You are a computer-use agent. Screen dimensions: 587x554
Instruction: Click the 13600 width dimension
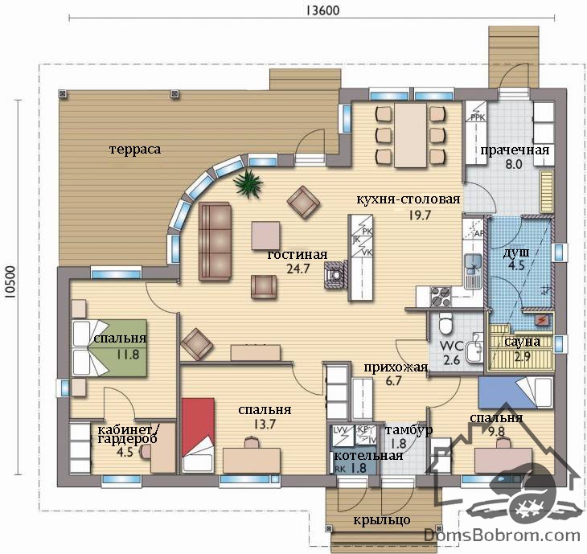point(322,10)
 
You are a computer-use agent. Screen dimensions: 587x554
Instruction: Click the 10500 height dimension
point(10,282)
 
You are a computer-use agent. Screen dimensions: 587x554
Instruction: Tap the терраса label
point(135,149)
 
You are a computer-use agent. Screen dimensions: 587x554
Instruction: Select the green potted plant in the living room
point(248,183)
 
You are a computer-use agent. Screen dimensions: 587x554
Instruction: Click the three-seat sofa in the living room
point(215,241)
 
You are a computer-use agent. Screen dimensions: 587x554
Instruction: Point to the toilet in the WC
point(445,323)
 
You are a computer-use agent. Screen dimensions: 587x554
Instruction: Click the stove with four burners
point(441,297)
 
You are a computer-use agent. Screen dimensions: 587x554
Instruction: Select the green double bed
point(109,348)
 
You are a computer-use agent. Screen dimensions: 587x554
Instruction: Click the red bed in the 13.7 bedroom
point(198,435)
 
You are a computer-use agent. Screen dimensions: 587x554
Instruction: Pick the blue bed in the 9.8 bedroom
point(515,392)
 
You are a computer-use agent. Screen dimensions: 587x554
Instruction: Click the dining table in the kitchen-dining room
point(410,135)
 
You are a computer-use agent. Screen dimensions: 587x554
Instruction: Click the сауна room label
point(522,342)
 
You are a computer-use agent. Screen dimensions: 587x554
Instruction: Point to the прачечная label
point(515,150)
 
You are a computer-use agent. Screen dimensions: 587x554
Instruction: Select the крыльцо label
point(381,520)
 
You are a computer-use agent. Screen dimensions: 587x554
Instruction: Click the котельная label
point(368,456)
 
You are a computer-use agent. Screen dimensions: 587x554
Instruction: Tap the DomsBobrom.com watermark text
point(502,536)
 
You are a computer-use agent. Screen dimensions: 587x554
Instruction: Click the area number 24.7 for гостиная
point(298,269)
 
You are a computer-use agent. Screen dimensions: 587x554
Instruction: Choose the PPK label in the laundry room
point(478,117)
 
